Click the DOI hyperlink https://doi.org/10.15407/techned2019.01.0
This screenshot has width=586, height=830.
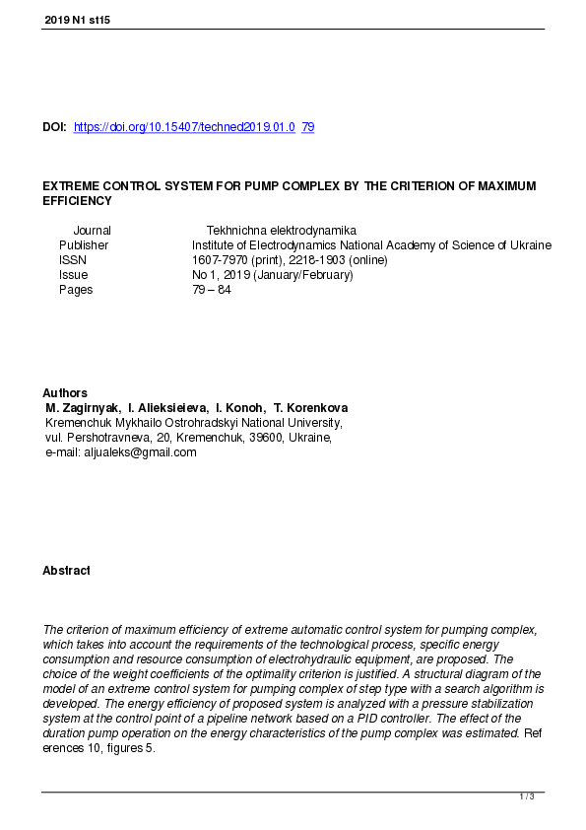coord(184,127)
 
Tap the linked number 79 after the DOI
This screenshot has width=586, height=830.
coord(307,127)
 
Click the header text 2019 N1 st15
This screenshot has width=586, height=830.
coord(77,20)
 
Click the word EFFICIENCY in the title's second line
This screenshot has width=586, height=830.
coord(77,201)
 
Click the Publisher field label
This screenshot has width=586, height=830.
coord(84,244)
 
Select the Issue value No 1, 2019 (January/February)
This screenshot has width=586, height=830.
coord(272,275)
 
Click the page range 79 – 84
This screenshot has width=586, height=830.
coord(212,290)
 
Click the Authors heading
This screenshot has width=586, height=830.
coord(65,393)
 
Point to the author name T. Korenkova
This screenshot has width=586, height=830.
coord(310,408)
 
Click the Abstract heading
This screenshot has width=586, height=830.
coord(66,571)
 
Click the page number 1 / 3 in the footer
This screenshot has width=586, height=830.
coord(527,796)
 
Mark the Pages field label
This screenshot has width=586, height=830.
coord(76,290)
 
